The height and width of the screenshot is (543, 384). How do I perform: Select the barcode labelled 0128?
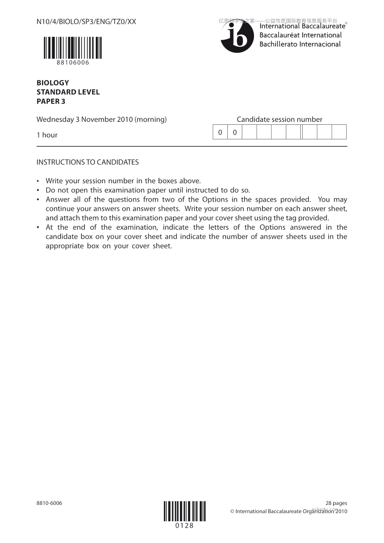pyautogui.click(x=184, y=511)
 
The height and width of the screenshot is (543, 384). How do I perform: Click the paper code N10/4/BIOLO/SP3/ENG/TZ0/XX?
pyautogui.click(x=86, y=22)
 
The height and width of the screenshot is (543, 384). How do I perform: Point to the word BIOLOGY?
pyautogui.click(x=53, y=83)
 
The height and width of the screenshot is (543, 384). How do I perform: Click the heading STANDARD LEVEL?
pyautogui.click(x=68, y=92)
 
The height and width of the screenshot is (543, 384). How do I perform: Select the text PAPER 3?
pyautogui.click(x=51, y=101)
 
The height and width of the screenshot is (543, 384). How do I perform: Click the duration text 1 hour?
pyautogui.click(x=47, y=135)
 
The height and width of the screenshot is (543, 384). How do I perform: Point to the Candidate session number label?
pyautogui.click(x=279, y=119)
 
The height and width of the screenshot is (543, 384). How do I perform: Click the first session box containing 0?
pyautogui.click(x=220, y=132)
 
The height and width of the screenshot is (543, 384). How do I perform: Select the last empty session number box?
pyautogui.click(x=339, y=132)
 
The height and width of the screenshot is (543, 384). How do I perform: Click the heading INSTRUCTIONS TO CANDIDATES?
pyautogui.click(x=88, y=162)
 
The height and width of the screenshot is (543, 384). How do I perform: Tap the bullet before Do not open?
pyautogui.click(x=38, y=190)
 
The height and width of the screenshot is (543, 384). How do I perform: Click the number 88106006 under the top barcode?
pyautogui.click(x=73, y=62)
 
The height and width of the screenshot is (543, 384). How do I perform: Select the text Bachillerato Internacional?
pyautogui.click(x=300, y=44)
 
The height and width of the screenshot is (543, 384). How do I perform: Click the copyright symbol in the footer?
pyautogui.click(x=232, y=511)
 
